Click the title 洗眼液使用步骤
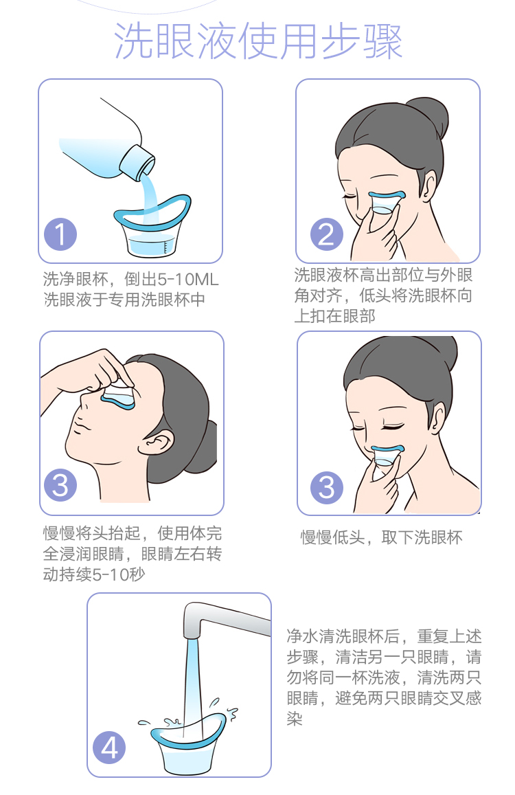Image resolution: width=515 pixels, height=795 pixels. point(257,42)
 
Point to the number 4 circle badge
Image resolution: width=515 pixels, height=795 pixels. point(110,748)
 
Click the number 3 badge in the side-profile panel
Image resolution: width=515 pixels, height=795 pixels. point(61,486)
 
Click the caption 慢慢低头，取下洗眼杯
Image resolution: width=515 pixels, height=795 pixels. point(381,537)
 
